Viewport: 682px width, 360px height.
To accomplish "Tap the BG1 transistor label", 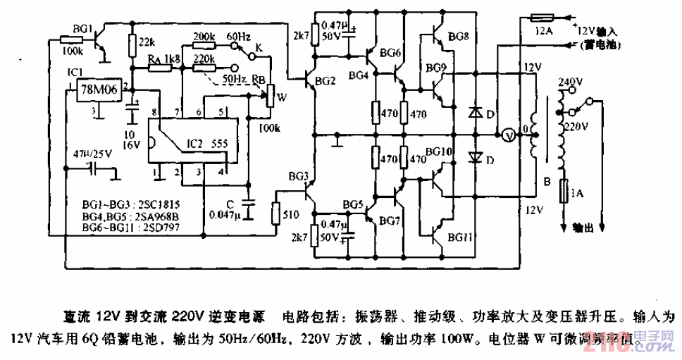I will [82, 29].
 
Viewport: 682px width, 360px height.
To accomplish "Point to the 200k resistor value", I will [204, 36].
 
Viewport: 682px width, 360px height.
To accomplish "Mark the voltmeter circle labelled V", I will [505, 135].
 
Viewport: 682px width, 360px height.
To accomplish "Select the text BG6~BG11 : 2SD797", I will [122, 227].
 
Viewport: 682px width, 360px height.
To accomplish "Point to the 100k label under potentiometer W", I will [269, 128].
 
